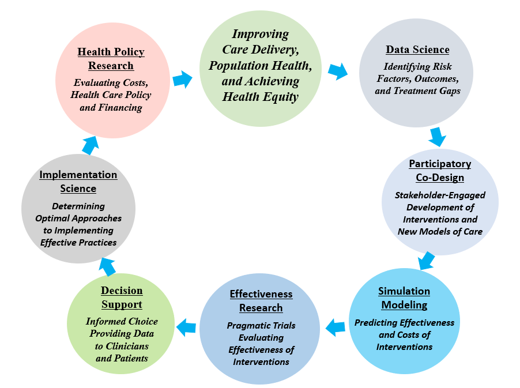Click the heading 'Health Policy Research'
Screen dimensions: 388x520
coord(111,59)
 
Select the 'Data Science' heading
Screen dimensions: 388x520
coord(417,50)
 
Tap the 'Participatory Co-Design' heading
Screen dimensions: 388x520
coord(440,171)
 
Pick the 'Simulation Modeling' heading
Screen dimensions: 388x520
coord(404,297)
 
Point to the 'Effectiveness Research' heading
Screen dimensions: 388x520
coord(261,301)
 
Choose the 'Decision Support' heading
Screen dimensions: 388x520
coord(122,297)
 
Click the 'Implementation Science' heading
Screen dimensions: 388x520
coord(78,182)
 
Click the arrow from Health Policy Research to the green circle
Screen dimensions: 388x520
coord(183,79)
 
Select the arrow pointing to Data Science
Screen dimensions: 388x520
coord(338,71)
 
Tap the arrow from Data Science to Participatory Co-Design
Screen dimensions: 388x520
coord(438,137)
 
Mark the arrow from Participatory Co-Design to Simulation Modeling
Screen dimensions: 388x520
coord(426,260)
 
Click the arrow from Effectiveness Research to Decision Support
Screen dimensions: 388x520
coord(186,328)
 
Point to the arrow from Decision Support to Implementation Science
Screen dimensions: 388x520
coord(108,266)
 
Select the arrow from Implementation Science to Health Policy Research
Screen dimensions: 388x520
coord(90,145)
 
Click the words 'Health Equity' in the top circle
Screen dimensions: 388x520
coord(261,97)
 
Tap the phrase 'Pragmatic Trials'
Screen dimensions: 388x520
coord(261,326)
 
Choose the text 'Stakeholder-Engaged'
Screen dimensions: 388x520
coord(440,195)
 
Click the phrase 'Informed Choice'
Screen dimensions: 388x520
coord(122,322)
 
